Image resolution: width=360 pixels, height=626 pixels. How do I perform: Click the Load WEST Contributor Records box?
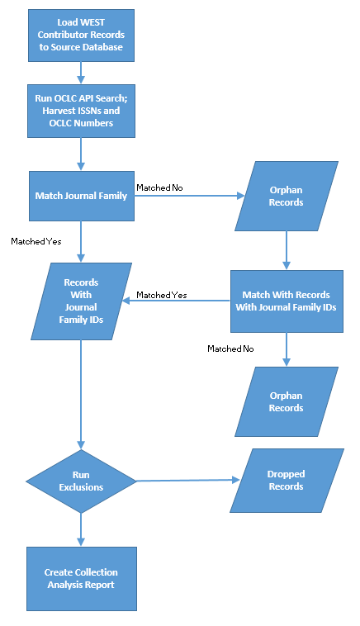[x=81, y=36]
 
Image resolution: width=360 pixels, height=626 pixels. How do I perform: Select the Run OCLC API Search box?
[x=81, y=111]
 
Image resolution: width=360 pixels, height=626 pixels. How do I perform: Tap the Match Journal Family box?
[x=82, y=196]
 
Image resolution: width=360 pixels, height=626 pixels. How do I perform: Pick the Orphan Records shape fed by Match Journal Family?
[x=287, y=196]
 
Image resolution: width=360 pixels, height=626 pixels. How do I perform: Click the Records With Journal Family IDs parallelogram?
[x=82, y=301]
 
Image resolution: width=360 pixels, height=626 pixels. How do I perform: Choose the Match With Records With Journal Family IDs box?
[x=287, y=301]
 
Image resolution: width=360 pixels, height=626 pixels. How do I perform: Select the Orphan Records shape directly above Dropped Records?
[x=287, y=401]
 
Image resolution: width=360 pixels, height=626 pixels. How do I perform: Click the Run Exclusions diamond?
[x=81, y=481]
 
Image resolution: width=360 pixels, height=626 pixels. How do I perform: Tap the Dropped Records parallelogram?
[x=287, y=481]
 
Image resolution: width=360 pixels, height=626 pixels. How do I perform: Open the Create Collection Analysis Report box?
[x=82, y=578]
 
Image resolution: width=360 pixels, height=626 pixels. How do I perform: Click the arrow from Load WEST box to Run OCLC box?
[x=81, y=73]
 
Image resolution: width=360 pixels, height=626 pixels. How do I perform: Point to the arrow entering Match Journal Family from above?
[x=81, y=154]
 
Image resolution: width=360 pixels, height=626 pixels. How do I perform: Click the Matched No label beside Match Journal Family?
[x=159, y=187]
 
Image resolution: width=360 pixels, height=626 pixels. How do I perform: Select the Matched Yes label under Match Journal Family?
[x=36, y=241]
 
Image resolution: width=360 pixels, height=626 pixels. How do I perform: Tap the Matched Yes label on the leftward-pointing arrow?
[x=162, y=295]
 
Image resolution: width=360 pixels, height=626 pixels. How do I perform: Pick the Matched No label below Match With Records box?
[x=230, y=349]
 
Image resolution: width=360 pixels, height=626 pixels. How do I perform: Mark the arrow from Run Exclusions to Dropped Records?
[x=188, y=481]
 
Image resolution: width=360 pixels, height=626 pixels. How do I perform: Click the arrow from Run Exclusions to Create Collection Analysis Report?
[x=81, y=529]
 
